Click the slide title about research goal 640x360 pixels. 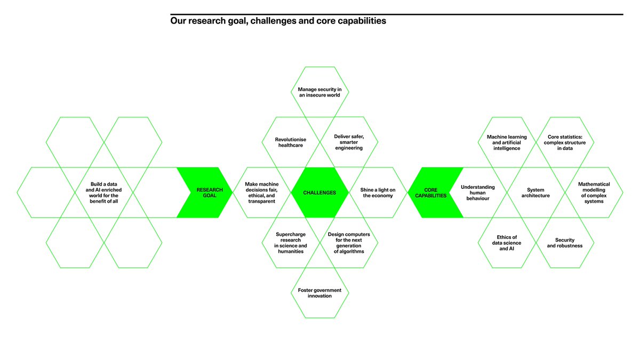click(278, 22)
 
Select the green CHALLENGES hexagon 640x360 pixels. click(320, 193)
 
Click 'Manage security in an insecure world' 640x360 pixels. click(320, 92)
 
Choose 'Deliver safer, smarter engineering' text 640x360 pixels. click(349, 142)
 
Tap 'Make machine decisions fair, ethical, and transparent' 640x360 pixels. click(262, 193)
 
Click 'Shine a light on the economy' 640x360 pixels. click(378, 193)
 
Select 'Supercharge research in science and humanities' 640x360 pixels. click(291, 243)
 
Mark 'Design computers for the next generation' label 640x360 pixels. click(349, 243)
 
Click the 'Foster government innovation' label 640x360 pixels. click(320, 293)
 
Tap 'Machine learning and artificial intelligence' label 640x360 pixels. click(507, 142)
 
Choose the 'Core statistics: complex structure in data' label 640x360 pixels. click(564, 142)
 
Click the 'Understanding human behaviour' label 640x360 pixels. click(478, 193)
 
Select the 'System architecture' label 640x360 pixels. click(535, 193)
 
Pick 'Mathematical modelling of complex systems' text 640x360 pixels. click(594, 193)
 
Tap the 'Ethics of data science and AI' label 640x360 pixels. click(507, 243)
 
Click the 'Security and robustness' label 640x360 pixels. click(564, 243)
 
